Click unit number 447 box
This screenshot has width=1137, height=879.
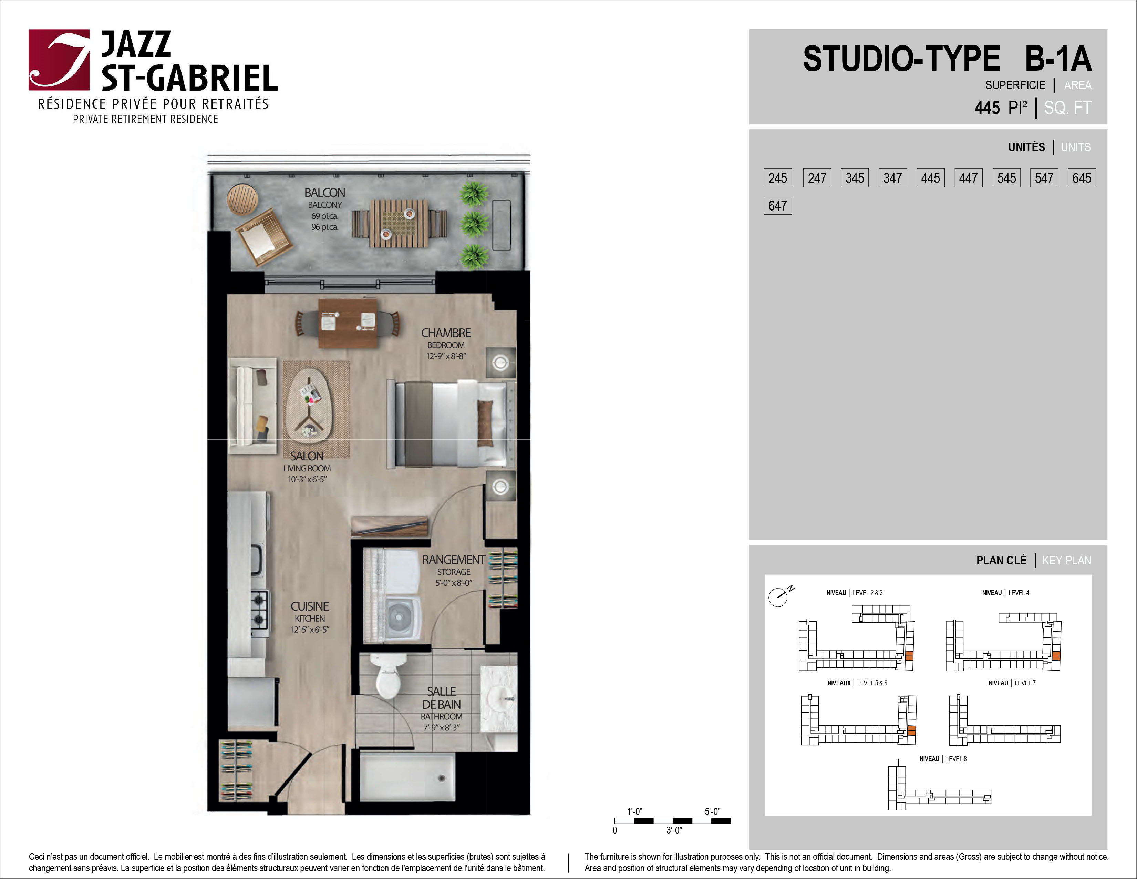[968, 178]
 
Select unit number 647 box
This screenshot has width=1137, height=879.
[778, 206]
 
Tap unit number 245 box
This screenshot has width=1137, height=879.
[778, 178]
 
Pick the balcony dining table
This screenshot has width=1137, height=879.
[399, 224]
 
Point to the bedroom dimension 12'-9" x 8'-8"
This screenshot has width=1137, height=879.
[446, 356]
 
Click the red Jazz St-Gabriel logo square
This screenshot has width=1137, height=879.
[59, 60]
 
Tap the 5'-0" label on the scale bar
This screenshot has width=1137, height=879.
[713, 811]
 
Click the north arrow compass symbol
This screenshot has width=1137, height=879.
[780, 596]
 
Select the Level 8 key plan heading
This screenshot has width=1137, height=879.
[943, 759]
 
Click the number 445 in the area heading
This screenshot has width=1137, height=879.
[987, 108]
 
